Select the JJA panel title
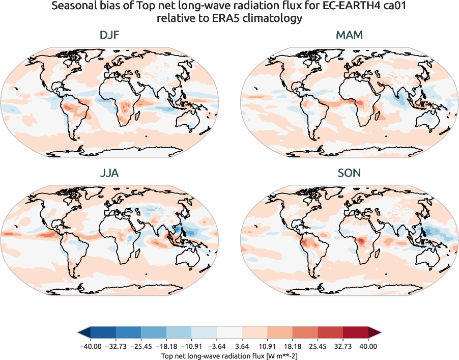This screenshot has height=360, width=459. point(109,173)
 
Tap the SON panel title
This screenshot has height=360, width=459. point(349,173)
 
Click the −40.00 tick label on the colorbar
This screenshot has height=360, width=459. point(91,346)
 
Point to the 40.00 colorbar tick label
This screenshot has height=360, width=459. point(368,346)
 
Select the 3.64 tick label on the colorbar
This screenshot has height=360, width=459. point(242,346)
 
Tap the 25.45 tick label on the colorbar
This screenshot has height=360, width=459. point(318,346)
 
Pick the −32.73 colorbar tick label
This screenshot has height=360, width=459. point(116,346)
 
